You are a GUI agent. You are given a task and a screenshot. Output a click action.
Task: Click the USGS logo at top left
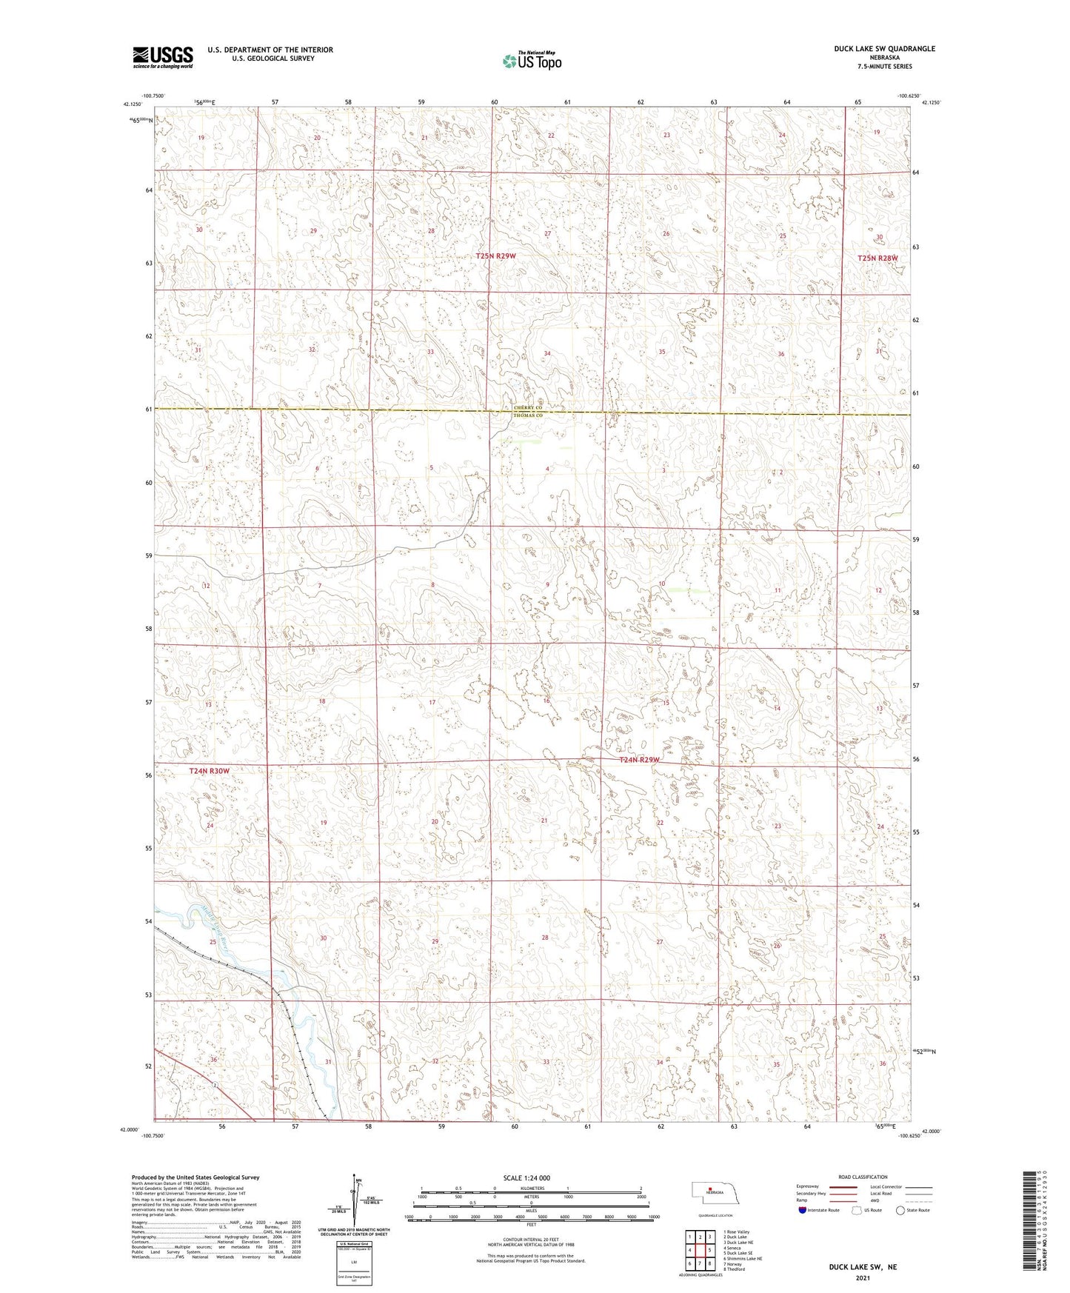click(x=162, y=56)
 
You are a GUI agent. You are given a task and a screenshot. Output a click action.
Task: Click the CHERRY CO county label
click(x=528, y=408)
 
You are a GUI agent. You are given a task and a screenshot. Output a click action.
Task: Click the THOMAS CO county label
click(x=528, y=415)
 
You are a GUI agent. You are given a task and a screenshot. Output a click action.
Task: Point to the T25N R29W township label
click(x=495, y=255)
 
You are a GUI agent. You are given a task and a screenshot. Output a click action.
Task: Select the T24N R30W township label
click(x=210, y=771)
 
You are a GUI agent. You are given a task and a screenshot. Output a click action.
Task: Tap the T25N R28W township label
click(x=877, y=258)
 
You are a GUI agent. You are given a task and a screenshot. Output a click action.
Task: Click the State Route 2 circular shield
click(x=214, y=1086)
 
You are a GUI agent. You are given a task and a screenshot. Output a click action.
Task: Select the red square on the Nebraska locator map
click(x=709, y=1191)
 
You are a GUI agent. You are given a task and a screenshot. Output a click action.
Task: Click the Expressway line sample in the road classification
click(x=843, y=1186)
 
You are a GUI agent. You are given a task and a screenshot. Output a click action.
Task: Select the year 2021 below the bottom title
click(x=862, y=1278)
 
